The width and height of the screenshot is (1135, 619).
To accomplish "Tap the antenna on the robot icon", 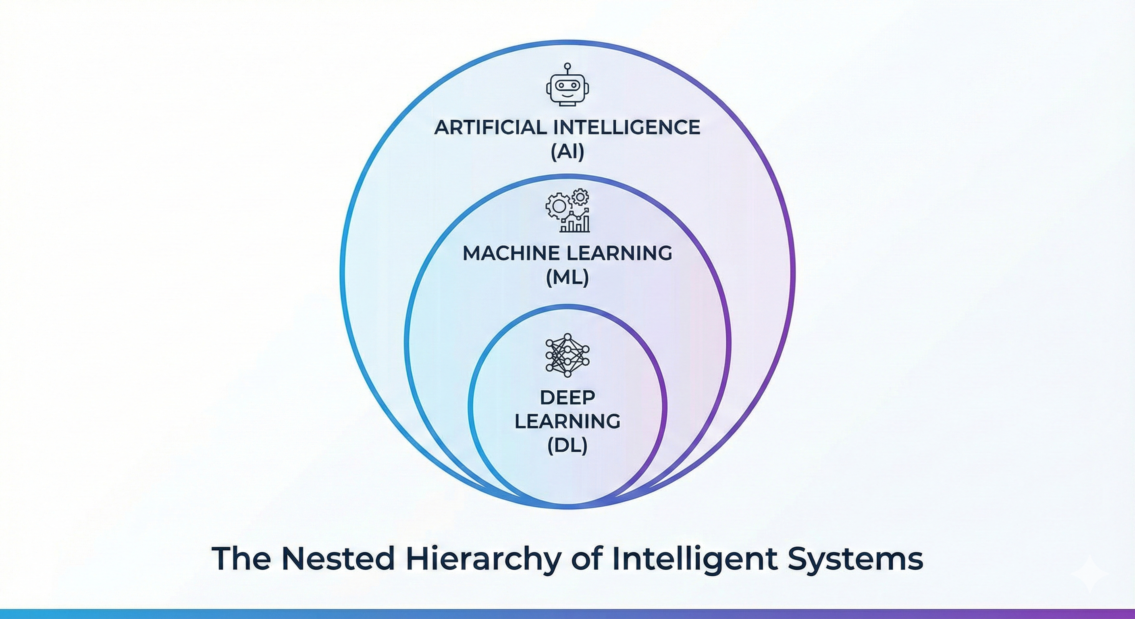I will coord(567,66).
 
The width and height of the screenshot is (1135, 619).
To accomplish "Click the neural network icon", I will coord(567,355).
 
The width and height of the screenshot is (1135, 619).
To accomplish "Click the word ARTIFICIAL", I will coord(489,128).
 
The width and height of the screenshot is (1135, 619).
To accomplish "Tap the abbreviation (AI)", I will coord(567,152).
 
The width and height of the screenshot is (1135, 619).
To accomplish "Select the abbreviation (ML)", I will coord(567,278).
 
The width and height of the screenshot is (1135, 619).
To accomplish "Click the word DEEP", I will coord(567,398).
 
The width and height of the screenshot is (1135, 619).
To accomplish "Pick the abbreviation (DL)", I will coord(567,446).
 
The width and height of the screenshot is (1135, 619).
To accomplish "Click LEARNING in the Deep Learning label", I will coord(567,422).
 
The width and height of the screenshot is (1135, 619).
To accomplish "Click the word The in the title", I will coord(241,559).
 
